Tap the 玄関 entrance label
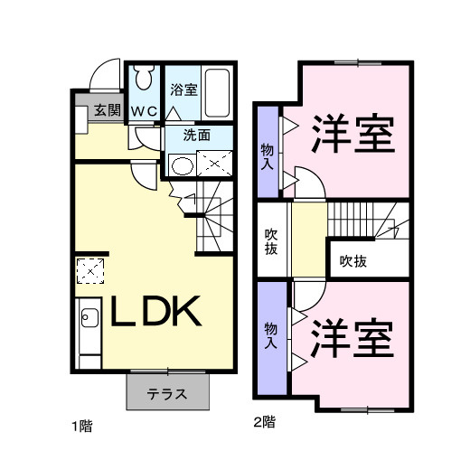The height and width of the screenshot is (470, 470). (x=106, y=111)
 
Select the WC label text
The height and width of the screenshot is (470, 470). (x=145, y=111)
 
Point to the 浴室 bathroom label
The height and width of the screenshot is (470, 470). (x=183, y=89)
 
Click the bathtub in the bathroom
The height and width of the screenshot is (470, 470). (x=218, y=93)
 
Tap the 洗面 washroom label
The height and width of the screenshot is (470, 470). (x=197, y=136)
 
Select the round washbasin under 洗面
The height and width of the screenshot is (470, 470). (x=183, y=165)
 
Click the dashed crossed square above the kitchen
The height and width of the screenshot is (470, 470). (x=90, y=270)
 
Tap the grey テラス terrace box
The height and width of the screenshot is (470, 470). (x=167, y=393)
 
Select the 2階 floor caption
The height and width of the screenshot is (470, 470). (x=264, y=421)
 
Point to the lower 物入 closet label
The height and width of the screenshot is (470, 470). (x=269, y=336)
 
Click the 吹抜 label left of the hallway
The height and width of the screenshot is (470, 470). (x=270, y=241)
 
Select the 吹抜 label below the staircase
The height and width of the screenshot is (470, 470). (x=353, y=261)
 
